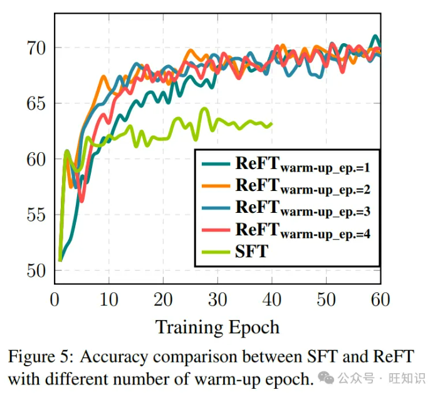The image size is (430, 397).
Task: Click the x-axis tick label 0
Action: coord(55,300)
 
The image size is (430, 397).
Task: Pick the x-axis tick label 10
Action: coord(108,300)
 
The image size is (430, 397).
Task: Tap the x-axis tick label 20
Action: coord(163,300)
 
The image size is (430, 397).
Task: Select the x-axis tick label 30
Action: coord(218,300)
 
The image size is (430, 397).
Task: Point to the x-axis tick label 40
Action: coord(271,300)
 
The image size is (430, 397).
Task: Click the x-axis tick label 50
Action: coord(326,300)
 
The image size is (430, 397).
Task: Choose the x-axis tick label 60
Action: coord(380,300)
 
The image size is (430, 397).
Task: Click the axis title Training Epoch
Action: coord(217,327)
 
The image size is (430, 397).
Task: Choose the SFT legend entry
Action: coord(251,251)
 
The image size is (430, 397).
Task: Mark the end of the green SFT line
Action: coord(271,124)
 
